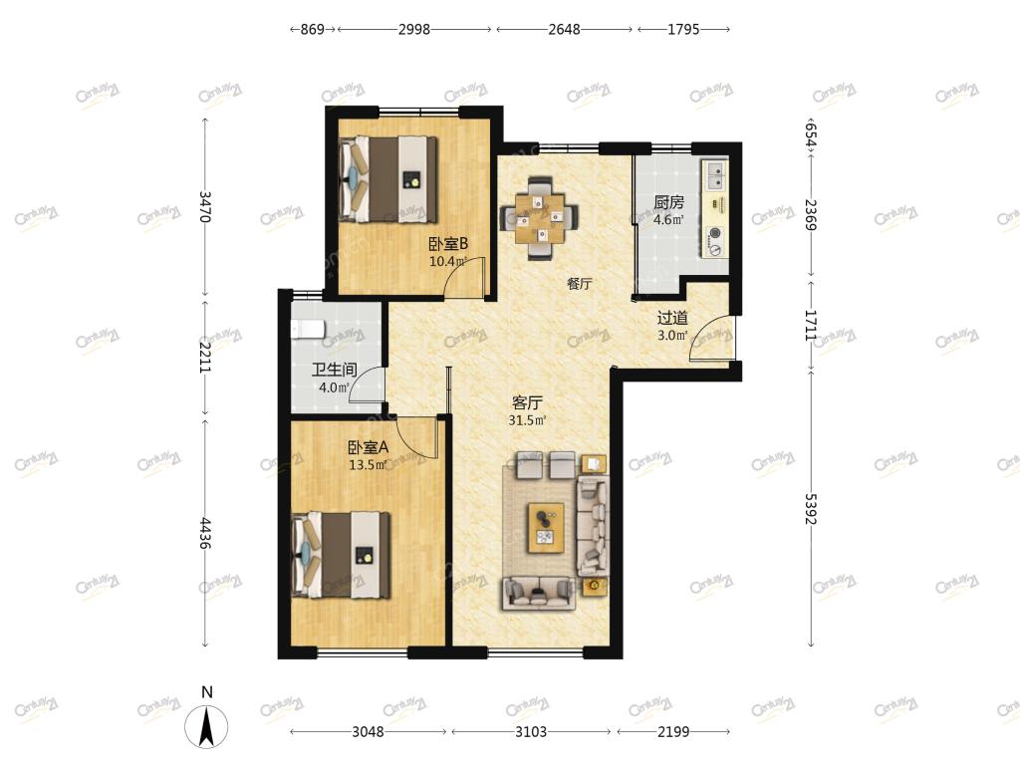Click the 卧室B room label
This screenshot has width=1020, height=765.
tap(448, 244)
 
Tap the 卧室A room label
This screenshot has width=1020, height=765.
tap(369, 447)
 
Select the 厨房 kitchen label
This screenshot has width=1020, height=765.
tap(668, 203)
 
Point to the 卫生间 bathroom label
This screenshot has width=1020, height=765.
tap(335, 371)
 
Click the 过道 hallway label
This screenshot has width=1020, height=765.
tap(672, 318)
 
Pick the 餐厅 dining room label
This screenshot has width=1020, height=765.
tap(579, 284)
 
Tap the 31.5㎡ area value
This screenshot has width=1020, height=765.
tap(527, 420)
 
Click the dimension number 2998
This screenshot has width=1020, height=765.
tap(414, 29)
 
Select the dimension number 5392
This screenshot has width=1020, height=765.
tap(810, 509)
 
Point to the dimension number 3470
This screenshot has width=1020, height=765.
tap(205, 206)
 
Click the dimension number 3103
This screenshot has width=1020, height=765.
tap(531, 732)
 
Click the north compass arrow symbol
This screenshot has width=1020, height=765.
tap(207, 726)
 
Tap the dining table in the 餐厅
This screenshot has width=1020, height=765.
tap(539, 218)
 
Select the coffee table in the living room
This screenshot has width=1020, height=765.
tap(546, 528)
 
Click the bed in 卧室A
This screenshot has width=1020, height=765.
tap(342, 555)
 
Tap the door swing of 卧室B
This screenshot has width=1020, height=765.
tap(464, 277)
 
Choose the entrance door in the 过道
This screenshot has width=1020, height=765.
tap(712, 337)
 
